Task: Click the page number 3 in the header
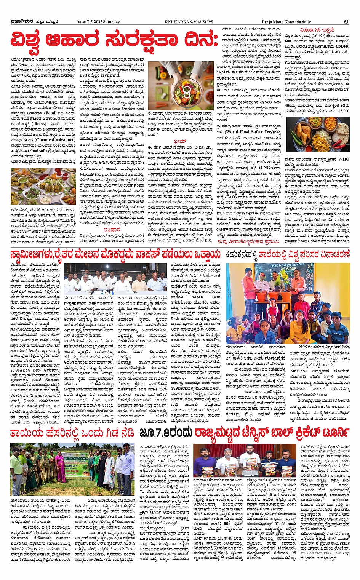pyautogui.click(x=346, y=22)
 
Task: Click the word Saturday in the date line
pyautogui.click(x=111, y=22)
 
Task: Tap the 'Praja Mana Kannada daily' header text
pyautogui.click(x=286, y=22)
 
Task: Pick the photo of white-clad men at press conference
pyautogui.click(x=115, y=280)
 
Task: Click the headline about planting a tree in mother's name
pyautogui.click(x=73, y=433)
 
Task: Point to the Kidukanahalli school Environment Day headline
pyautogui.click(x=288, y=254)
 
